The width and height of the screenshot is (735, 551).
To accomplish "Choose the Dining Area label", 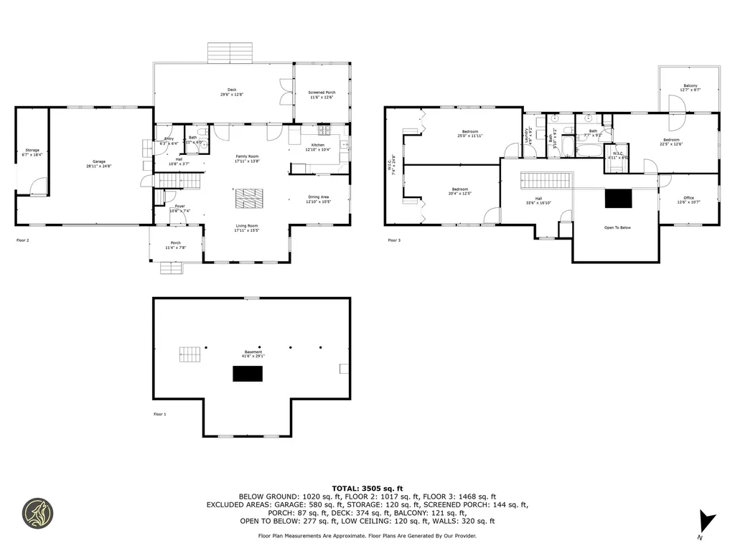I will [319, 199].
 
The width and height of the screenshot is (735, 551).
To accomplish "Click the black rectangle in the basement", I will [247, 374].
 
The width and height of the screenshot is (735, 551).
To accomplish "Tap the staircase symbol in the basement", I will [190, 354].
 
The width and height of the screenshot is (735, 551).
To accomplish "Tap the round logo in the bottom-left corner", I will [37, 514].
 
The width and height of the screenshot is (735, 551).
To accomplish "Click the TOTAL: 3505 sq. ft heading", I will [367, 487].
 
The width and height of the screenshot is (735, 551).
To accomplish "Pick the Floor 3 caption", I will [394, 240].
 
